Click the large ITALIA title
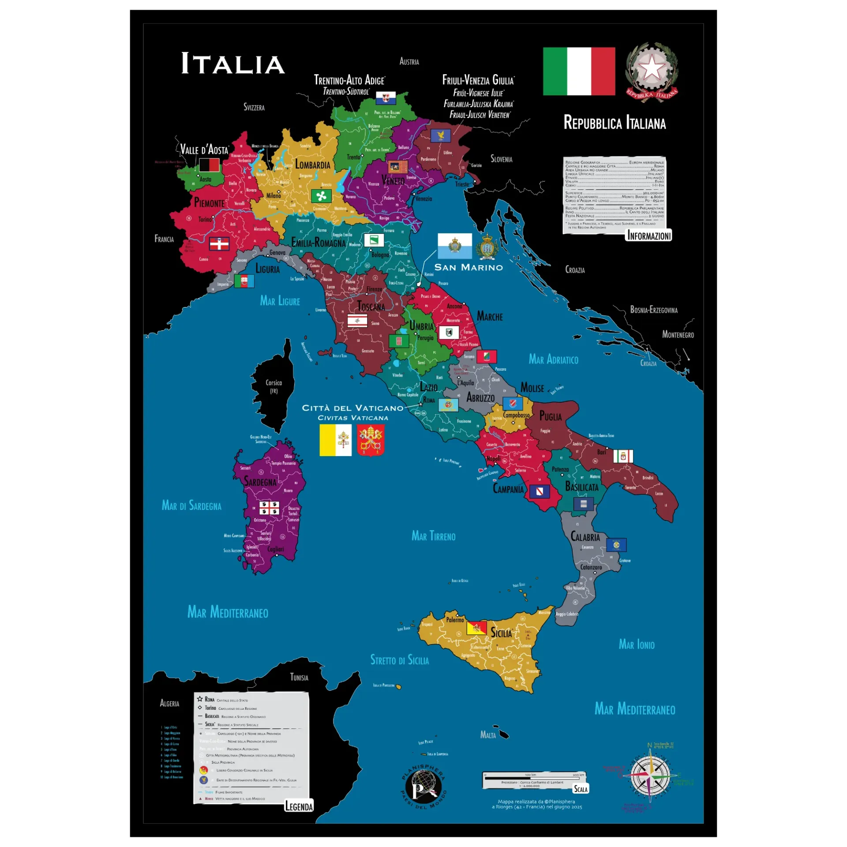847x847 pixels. (232, 64)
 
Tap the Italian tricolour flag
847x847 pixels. (579, 71)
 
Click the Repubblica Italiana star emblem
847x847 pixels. (652, 71)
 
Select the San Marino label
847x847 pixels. (468, 267)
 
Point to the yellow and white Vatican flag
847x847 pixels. (335, 440)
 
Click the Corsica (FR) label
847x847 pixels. (274, 386)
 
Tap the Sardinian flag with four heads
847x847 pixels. (269, 508)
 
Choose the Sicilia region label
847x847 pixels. (501, 633)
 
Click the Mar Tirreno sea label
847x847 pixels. (433, 536)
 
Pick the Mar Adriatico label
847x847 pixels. (553, 360)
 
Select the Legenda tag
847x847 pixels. (299, 806)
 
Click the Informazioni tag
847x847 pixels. (649, 236)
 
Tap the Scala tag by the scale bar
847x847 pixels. (581, 789)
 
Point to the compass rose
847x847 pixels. (650, 775)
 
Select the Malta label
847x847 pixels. (488, 735)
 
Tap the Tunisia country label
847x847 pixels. (299, 677)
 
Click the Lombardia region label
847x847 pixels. (312, 165)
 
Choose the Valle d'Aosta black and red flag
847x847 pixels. (209, 165)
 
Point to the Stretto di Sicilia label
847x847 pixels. (399, 660)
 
